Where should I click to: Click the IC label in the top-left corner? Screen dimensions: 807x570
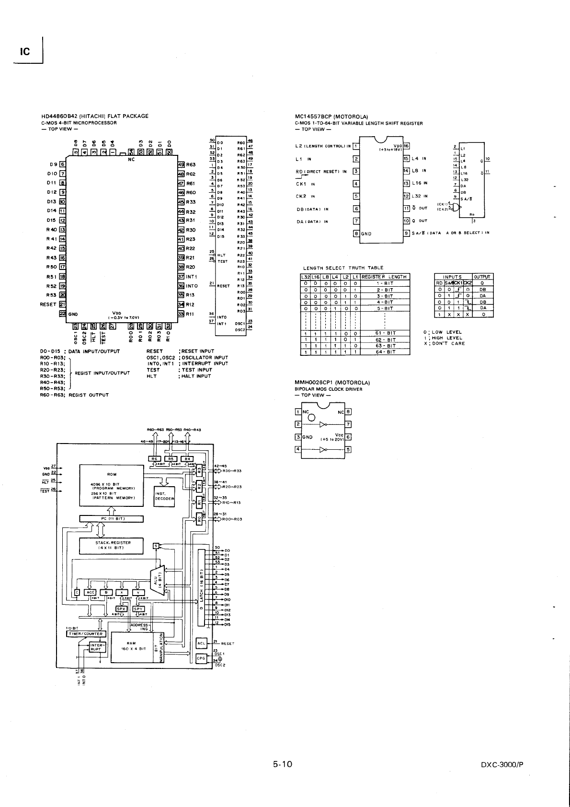[25, 51]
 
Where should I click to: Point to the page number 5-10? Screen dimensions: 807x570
[283, 764]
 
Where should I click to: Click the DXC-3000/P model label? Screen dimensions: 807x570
[502, 765]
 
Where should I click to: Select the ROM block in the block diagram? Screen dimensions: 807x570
[112, 485]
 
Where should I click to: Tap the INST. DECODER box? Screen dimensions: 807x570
[164, 496]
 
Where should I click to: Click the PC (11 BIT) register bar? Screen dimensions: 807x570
[112, 518]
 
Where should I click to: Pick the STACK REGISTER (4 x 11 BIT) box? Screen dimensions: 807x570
[112, 545]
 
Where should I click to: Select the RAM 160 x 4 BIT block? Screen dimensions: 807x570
[131, 645]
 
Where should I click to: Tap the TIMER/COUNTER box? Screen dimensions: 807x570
[85, 633]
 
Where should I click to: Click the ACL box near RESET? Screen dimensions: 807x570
[201, 643]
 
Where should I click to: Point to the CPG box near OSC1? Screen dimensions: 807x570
[201, 658]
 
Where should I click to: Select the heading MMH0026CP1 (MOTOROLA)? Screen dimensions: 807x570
[332, 383]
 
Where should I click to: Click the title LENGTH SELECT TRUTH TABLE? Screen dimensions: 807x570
[343, 268]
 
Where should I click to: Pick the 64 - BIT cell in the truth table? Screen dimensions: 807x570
[385, 352]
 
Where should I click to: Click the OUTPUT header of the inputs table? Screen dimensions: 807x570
[482, 277]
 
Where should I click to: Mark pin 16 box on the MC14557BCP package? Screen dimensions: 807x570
[406, 146]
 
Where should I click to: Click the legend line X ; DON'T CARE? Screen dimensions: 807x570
[444, 343]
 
